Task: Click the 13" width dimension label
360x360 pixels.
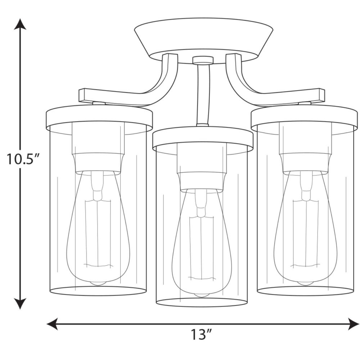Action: tap(201, 335)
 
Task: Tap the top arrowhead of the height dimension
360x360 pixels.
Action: tap(20, 24)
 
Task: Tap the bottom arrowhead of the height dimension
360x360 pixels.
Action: tap(20, 303)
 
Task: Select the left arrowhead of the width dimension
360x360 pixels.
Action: tap(52, 324)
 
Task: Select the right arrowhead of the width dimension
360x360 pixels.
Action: tap(354, 324)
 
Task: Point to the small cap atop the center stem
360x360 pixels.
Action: tap(203, 60)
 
